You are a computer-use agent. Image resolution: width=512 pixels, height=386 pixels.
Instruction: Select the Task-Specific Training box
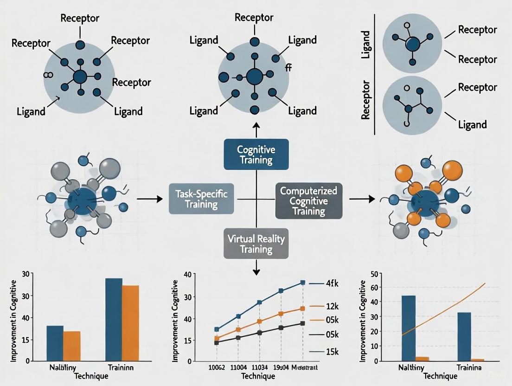(x=202, y=199)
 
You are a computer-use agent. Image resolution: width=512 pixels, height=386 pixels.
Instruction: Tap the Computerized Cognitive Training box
(x=307, y=200)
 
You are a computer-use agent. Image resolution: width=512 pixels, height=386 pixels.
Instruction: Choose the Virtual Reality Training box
(x=256, y=243)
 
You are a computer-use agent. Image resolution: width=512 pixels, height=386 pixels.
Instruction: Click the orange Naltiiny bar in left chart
(x=72, y=346)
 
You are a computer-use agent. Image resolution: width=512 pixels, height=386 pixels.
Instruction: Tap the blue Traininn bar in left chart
(x=114, y=320)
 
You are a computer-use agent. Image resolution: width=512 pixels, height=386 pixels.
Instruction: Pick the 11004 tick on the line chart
(x=238, y=367)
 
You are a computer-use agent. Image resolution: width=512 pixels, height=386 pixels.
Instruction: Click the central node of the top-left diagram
(x=80, y=77)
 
